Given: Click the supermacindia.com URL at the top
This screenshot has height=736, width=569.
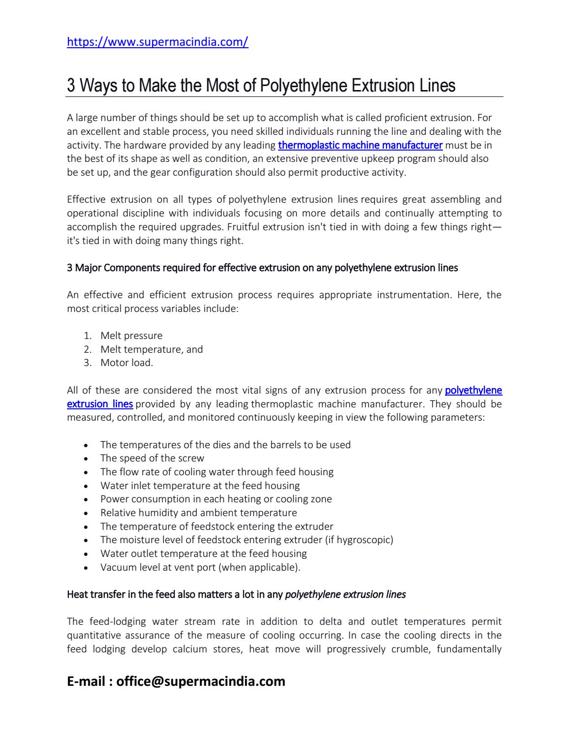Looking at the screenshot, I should [158, 42].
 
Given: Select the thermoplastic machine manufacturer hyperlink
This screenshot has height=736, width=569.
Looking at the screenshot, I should [360, 145].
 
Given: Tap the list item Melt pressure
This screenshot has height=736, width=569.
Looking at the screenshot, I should [131, 336].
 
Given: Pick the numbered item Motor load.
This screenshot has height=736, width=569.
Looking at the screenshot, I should [126, 363].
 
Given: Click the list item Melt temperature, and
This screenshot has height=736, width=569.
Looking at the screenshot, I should [152, 349].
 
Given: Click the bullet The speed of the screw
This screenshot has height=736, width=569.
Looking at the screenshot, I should [152, 458].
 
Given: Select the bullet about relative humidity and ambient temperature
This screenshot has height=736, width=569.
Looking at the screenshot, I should [198, 513].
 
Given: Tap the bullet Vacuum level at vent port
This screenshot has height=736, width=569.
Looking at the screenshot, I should [200, 567].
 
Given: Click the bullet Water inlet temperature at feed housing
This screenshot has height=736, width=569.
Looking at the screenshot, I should [200, 486].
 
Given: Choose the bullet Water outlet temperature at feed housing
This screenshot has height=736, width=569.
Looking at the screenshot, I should [203, 553].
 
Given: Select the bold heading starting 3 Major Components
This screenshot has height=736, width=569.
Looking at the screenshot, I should [262, 268].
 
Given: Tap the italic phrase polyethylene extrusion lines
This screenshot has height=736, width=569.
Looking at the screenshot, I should [345, 594].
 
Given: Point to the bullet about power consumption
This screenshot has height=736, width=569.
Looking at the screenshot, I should [216, 499].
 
